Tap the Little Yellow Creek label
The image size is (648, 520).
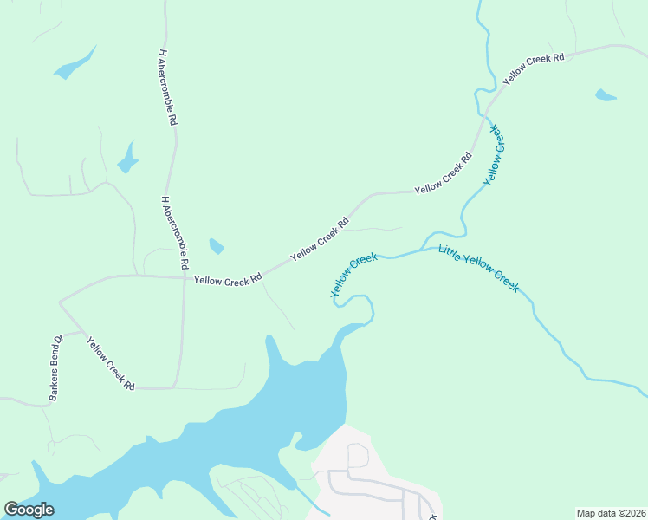coord(478,269)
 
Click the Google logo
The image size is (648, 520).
coord(29,510)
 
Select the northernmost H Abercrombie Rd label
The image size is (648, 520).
coord(168,88)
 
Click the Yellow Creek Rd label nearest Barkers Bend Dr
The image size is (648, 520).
coord(111,361)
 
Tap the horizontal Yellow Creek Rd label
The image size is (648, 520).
coord(227,280)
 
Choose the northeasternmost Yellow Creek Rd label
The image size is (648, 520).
coord(534,68)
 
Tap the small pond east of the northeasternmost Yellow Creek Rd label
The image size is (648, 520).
coord(606,94)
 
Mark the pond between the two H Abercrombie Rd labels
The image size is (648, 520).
coord(127,159)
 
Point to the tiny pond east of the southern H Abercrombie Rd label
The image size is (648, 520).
coord(216,246)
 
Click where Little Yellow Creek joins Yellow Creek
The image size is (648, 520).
coord(424,249)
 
